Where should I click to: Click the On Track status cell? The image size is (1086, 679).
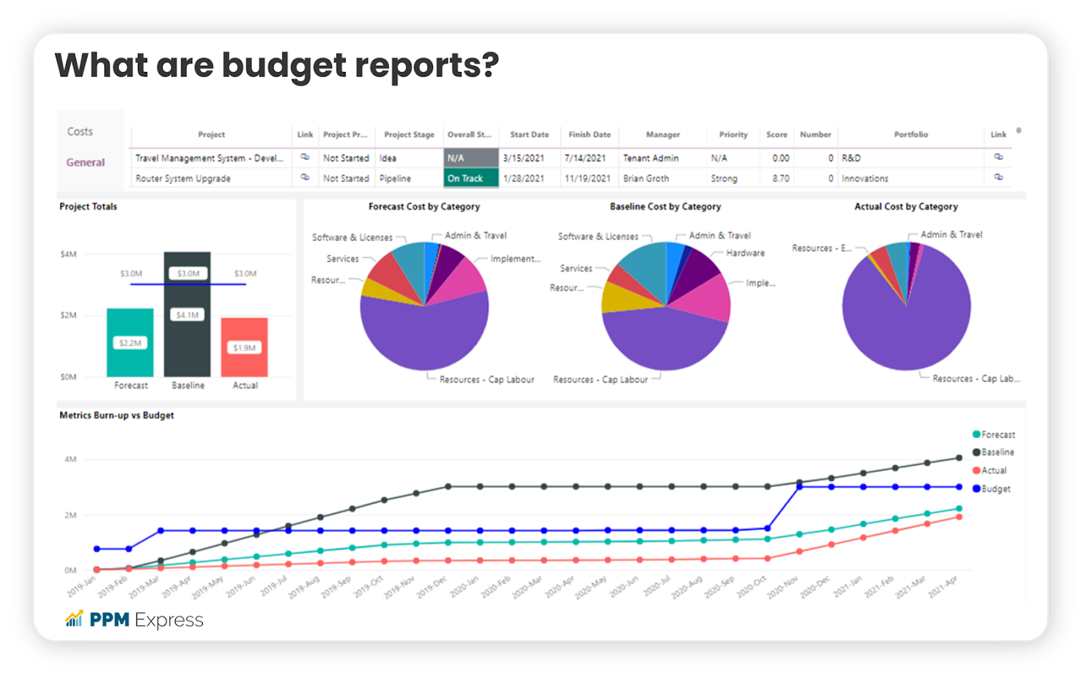[471, 178]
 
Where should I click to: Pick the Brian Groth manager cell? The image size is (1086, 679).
[646, 178]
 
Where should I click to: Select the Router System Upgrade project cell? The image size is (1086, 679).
[183, 178]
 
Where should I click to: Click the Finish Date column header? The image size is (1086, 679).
[589, 134]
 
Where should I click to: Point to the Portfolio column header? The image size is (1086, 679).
[911, 134]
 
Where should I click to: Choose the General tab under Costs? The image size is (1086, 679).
[86, 162]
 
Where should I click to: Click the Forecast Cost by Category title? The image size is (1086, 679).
[424, 206]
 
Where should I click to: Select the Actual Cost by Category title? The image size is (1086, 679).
[906, 206]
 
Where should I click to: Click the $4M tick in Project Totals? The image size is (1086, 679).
[69, 254]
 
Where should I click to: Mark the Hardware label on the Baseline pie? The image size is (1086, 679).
[745, 253]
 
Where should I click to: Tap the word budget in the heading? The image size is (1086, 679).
[284, 66]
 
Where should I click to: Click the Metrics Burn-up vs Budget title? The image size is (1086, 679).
[117, 415]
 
